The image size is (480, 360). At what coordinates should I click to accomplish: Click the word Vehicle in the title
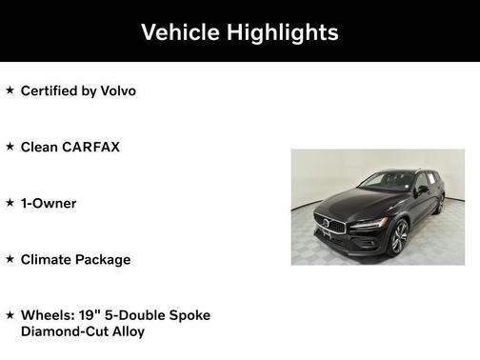(x=182, y=32)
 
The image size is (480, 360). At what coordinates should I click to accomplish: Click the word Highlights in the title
(x=282, y=32)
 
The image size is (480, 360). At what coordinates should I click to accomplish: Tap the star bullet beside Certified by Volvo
(x=10, y=90)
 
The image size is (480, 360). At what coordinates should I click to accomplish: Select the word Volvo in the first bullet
(x=115, y=90)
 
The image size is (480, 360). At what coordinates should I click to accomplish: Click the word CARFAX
(x=90, y=147)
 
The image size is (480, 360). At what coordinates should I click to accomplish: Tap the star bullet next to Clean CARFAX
(x=10, y=147)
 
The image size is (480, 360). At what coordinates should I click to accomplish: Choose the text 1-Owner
(x=49, y=203)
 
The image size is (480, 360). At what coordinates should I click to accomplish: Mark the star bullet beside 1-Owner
(x=10, y=203)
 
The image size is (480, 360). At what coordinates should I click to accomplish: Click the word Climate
(x=46, y=259)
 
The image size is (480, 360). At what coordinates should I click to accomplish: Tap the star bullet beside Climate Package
(x=10, y=259)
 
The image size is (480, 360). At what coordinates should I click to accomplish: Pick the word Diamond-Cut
(x=63, y=331)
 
